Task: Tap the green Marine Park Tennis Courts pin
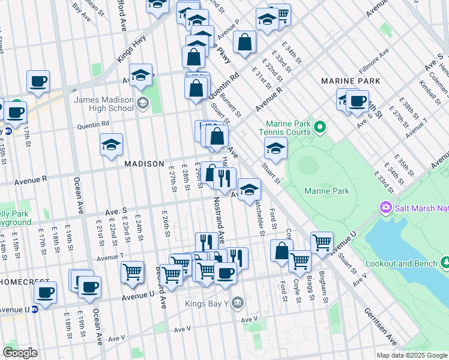pos(320,127)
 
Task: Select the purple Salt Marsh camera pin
pos(385,208)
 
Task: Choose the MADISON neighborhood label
pos(144,164)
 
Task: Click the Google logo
pos(20,353)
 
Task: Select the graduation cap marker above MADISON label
pos(111,145)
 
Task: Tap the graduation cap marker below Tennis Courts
pos(276,148)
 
